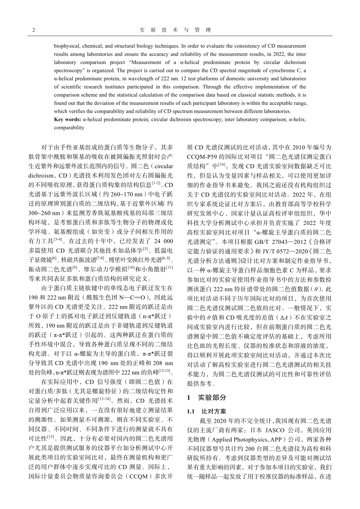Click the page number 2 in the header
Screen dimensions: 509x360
[34, 30]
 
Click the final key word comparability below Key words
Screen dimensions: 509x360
[69, 128]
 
